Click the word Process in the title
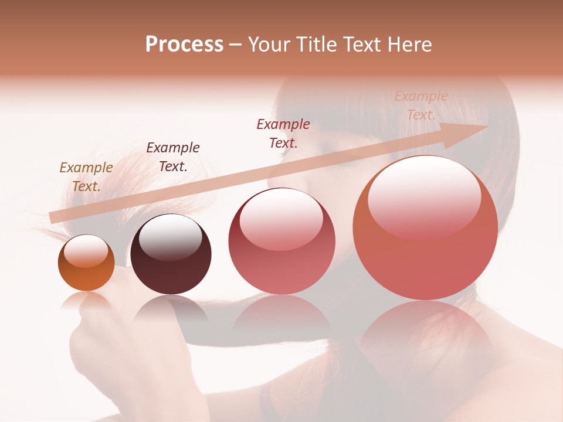(x=184, y=45)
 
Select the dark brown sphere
(x=171, y=255)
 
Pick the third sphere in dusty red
(x=282, y=241)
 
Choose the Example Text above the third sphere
(x=283, y=134)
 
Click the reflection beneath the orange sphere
(x=86, y=301)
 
